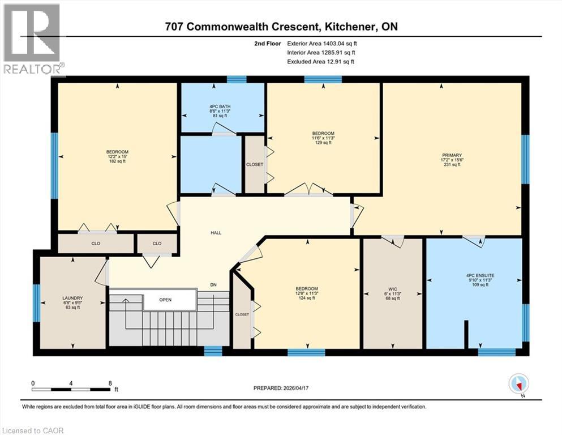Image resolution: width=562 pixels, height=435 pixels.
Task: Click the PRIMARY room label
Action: coord(452,155)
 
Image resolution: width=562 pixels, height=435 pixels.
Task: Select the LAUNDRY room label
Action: coord(72,298)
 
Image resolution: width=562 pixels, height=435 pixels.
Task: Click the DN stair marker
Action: coord(213,285)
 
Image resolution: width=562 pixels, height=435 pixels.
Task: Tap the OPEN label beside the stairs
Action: coord(165,300)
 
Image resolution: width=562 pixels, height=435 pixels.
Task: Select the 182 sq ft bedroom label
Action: coord(117,156)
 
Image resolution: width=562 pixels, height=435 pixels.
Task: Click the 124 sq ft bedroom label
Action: coord(307,293)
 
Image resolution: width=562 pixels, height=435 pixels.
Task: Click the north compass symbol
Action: coord(518,384)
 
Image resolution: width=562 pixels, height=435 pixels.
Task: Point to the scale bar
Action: coord(71,389)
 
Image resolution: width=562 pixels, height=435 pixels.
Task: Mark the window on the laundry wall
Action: coord(36,302)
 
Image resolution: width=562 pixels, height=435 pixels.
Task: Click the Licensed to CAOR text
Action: coord(33,430)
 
